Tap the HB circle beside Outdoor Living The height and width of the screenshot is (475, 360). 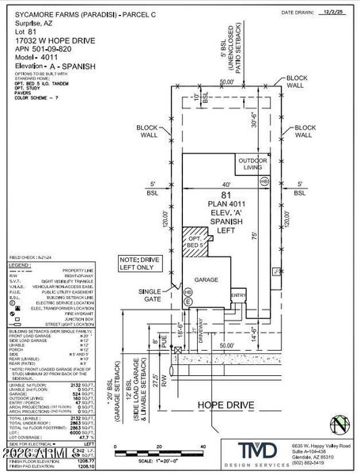tap(263, 180)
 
